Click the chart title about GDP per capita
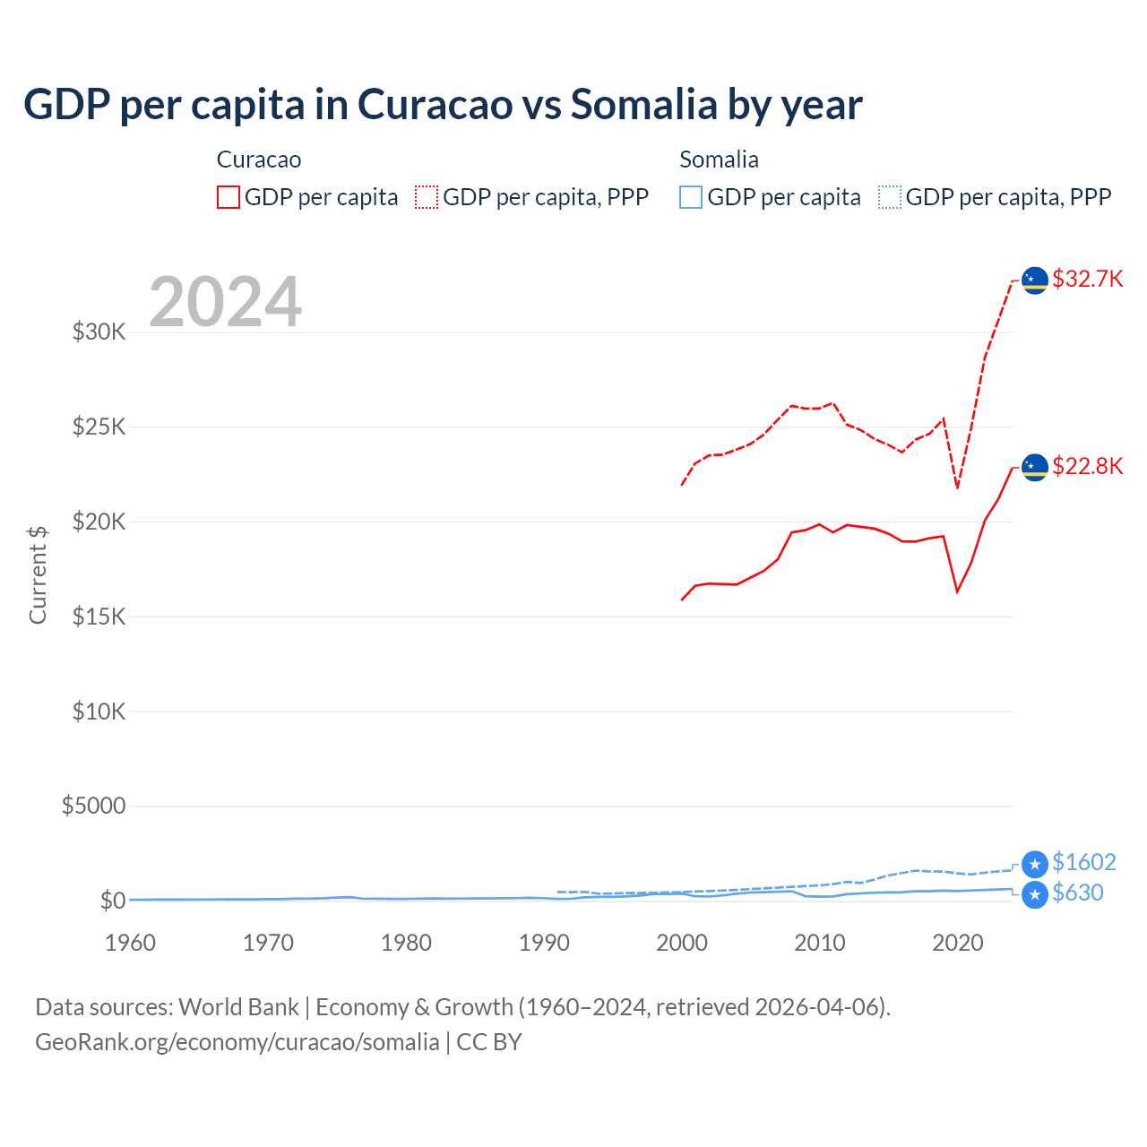pos(443,104)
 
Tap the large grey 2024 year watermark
pos(225,302)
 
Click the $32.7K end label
pos(1087,279)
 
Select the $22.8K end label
pos(1087,466)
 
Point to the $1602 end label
pos(1083,862)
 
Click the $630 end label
pos(1077,893)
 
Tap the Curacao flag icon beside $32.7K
pos(1035,280)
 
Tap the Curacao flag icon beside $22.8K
pos(1035,468)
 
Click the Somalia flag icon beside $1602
pos(1035,864)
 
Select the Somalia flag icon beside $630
pos(1035,894)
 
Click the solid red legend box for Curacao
pos(229,197)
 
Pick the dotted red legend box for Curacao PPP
pos(427,197)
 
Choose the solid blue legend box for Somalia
pos(691,197)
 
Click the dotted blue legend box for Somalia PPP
pos(890,197)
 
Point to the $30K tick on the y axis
pos(99,332)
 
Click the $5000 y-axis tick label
pos(93,806)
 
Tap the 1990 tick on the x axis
pos(544,943)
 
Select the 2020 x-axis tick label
pos(958,943)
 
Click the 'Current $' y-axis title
pos(38,574)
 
